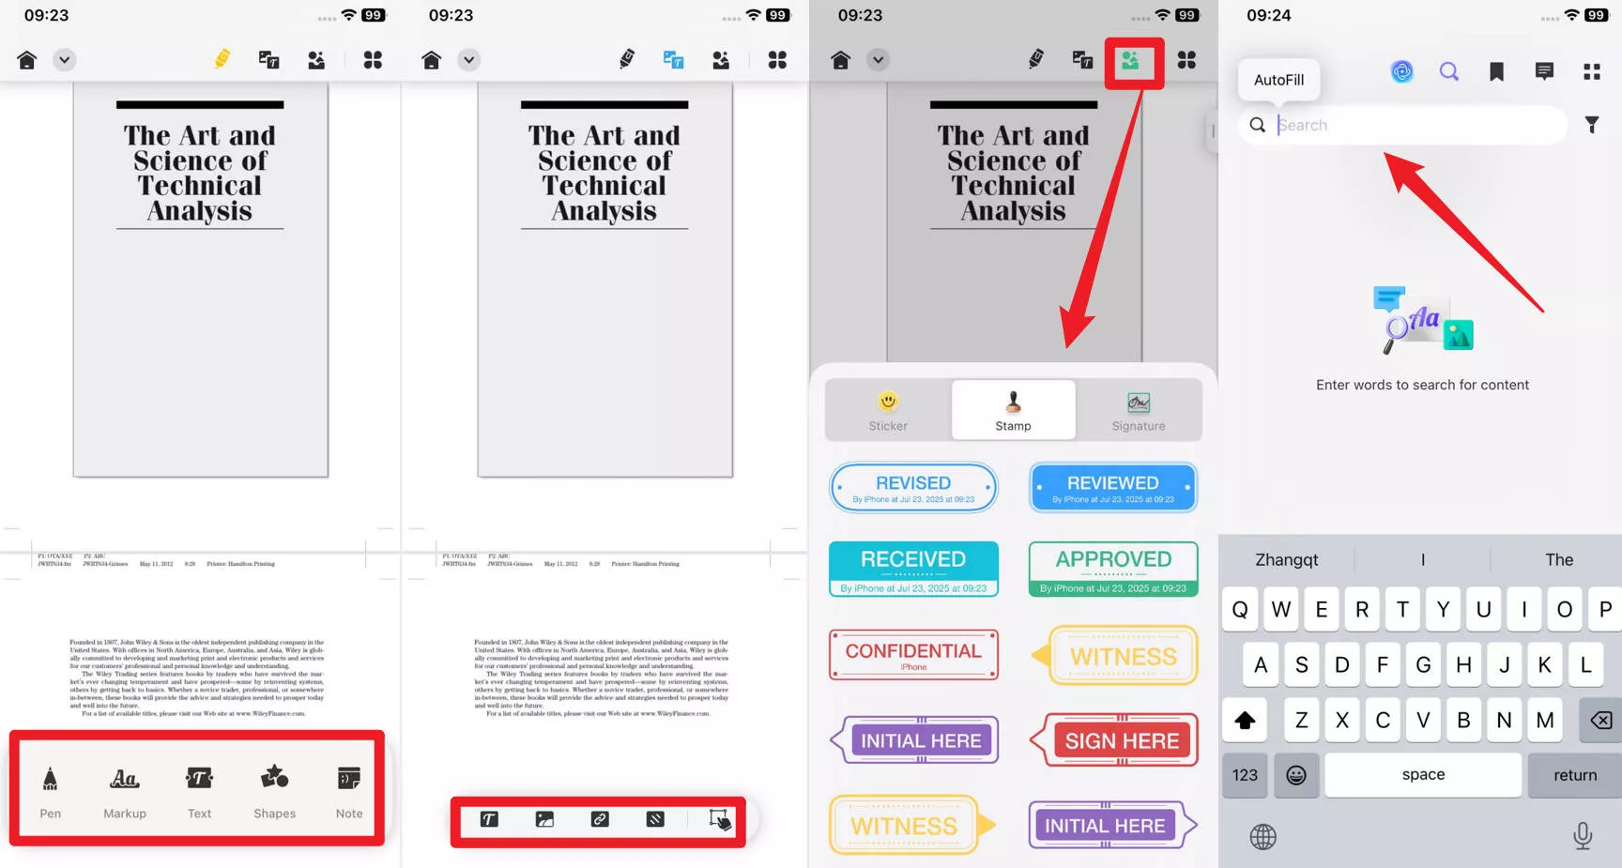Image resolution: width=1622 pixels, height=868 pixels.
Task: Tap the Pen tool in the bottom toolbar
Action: [x=51, y=791]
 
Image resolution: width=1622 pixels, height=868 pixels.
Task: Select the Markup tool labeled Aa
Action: [x=125, y=791]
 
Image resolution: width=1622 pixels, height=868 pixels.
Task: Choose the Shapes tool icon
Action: [x=274, y=791]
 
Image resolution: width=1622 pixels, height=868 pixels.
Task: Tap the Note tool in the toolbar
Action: [x=349, y=791]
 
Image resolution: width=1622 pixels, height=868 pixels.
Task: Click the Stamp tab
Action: [x=1013, y=410]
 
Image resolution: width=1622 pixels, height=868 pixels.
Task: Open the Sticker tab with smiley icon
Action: [x=888, y=410]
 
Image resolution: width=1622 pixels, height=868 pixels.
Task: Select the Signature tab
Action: [x=1138, y=410]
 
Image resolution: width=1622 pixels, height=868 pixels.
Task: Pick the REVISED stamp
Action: [x=913, y=488]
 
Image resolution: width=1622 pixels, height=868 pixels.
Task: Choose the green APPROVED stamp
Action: [x=1113, y=569]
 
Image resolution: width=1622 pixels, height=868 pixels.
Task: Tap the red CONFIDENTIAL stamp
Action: [x=913, y=655]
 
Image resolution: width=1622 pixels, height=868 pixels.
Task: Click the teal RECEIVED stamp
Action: [x=913, y=569]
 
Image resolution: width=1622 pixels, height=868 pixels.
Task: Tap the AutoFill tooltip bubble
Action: [x=1278, y=80]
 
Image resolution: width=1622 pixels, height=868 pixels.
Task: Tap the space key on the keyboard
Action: [x=1423, y=775]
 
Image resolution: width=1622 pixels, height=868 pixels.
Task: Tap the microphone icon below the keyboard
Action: [x=1583, y=835]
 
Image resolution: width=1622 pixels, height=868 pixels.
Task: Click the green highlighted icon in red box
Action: [x=1131, y=61]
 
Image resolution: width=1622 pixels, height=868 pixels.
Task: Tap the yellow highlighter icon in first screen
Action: [x=222, y=60]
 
